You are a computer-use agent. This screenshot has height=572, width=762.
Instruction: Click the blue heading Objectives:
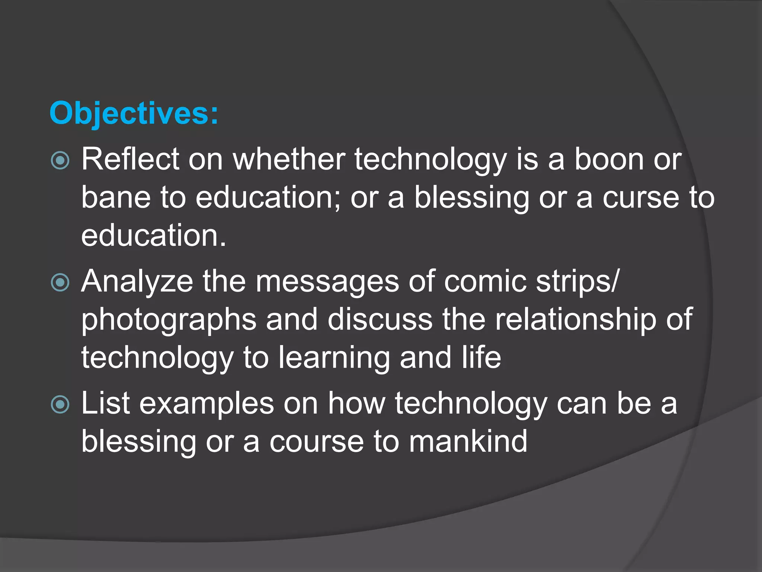(134, 113)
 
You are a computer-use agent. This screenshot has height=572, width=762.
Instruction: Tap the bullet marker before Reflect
(60, 161)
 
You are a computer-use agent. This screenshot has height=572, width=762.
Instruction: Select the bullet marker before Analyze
(60, 282)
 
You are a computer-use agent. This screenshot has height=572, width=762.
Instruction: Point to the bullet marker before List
(60, 404)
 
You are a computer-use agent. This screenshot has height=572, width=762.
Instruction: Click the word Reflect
(130, 159)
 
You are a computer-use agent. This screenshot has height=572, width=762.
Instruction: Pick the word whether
(289, 159)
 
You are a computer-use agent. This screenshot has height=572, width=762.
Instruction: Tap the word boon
(609, 159)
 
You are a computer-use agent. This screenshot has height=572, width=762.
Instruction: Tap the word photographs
(169, 320)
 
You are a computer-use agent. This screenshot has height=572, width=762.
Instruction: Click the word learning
(334, 357)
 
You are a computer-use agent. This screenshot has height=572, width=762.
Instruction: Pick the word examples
(206, 403)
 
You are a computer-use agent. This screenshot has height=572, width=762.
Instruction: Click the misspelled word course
(316, 442)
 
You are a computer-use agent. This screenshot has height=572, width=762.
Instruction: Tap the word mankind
(468, 442)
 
